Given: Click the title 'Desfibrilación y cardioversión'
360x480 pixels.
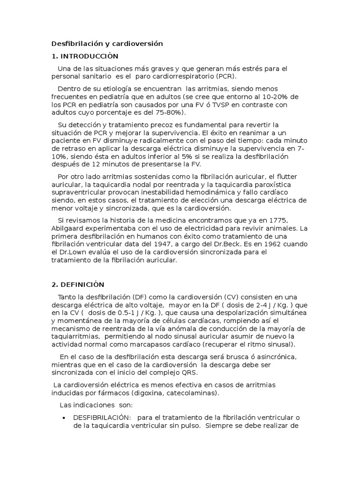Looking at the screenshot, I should click(x=107, y=44).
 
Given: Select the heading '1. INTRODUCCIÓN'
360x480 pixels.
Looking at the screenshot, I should click(x=85, y=56).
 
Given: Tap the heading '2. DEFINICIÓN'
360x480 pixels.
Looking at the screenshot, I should click(x=78, y=285).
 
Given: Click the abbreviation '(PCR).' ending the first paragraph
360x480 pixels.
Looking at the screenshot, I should click(x=227, y=76).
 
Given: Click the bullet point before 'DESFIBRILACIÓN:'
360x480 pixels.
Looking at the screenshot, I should click(x=63, y=418).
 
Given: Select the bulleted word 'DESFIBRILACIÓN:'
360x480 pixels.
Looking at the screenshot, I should click(x=99, y=417).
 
